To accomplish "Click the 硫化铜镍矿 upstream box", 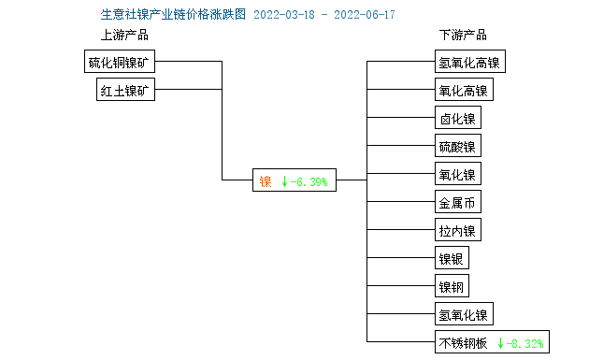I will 119,63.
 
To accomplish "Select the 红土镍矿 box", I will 125,91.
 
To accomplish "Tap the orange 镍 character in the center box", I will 265,181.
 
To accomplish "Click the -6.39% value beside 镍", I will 307,181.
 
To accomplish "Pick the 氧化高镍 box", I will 463,91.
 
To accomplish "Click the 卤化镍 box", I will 457,119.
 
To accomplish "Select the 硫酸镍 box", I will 457,147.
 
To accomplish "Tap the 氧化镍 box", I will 457,175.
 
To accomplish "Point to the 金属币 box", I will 457,203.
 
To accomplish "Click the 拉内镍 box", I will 457,231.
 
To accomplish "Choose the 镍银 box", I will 452,259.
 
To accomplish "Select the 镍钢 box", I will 452,286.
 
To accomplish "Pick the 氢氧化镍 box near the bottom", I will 463,314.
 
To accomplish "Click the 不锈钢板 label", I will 463,342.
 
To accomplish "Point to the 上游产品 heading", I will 124,35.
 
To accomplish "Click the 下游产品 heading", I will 463,35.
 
